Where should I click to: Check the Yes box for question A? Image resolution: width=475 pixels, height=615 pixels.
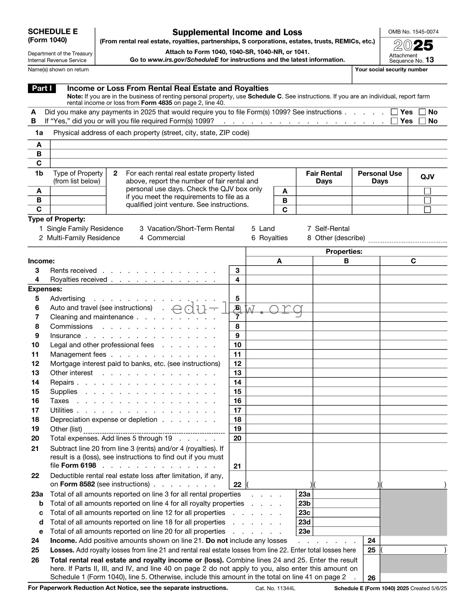click(x=394, y=112)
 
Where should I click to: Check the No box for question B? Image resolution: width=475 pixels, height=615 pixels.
click(x=422, y=121)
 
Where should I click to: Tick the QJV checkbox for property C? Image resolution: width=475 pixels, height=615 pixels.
click(x=427, y=210)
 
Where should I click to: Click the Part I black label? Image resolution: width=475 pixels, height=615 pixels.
click(x=42, y=89)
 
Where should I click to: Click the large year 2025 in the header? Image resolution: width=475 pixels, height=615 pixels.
click(x=413, y=45)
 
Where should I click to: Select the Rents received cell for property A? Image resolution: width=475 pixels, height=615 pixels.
click(x=279, y=270)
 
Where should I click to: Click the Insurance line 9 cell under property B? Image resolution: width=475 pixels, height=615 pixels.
click(x=346, y=335)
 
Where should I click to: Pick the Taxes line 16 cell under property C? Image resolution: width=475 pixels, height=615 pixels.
click(x=413, y=401)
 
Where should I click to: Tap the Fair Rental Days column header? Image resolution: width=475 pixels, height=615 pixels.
click(x=324, y=177)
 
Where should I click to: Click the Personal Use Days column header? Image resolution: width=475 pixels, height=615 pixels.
click(x=380, y=177)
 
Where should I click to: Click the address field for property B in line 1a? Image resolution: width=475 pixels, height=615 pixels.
click(x=248, y=154)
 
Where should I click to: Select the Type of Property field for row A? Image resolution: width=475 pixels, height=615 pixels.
click(x=78, y=191)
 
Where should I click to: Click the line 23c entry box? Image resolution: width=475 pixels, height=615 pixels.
click(x=346, y=512)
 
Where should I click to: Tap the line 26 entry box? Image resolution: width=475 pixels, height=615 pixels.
click(x=413, y=578)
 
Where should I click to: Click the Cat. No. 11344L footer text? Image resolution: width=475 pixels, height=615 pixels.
click(x=275, y=588)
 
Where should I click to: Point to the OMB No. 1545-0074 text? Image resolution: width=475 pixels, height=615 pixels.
click(x=413, y=32)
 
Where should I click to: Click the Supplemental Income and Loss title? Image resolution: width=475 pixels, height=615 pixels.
click(x=237, y=32)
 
